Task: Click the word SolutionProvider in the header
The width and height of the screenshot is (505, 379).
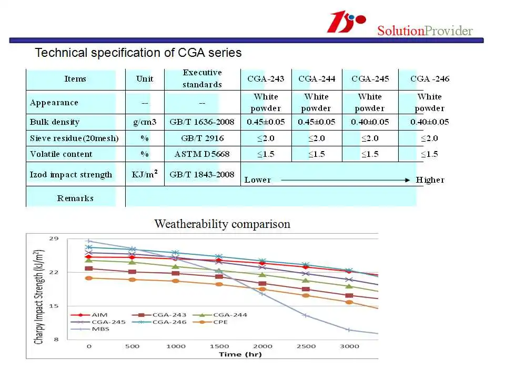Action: [425, 31]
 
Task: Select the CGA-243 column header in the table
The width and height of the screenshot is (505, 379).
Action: [266, 79]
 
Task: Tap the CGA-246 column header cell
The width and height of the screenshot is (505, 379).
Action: [429, 79]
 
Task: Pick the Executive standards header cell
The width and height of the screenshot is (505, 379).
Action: [202, 78]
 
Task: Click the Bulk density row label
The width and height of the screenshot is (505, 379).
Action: [55, 122]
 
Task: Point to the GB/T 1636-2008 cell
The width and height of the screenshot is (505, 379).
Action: [202, 122]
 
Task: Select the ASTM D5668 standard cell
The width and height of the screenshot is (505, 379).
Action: [202, 154]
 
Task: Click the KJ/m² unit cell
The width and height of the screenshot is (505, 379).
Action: [144, 174]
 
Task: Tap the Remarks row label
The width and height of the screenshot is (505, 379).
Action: [75, 198]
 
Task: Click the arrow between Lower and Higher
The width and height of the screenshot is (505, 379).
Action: [345, 180]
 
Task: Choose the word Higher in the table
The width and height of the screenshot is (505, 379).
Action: [430, 180]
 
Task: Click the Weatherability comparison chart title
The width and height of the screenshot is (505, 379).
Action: [222, 224]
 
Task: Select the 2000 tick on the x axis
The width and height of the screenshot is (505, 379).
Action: [263, 346]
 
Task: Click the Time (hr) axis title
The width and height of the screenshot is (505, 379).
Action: [237, 354]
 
